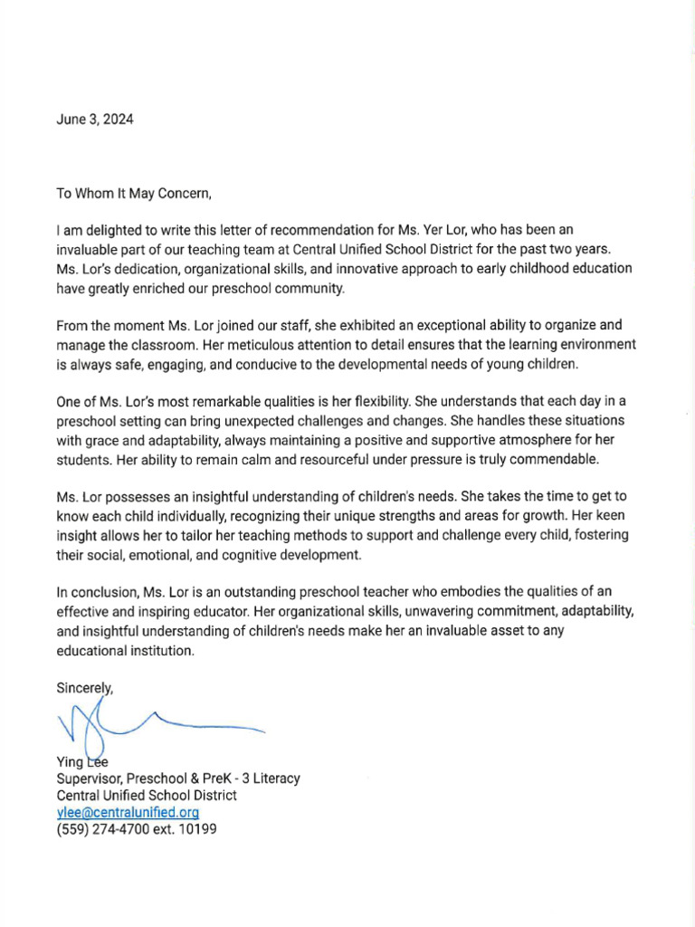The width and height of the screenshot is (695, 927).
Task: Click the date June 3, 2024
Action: (94, 119)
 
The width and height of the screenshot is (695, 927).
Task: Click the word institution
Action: (159, 651)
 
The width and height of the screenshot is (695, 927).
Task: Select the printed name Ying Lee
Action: (82, 762)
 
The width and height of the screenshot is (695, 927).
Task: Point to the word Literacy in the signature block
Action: (274, 779)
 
